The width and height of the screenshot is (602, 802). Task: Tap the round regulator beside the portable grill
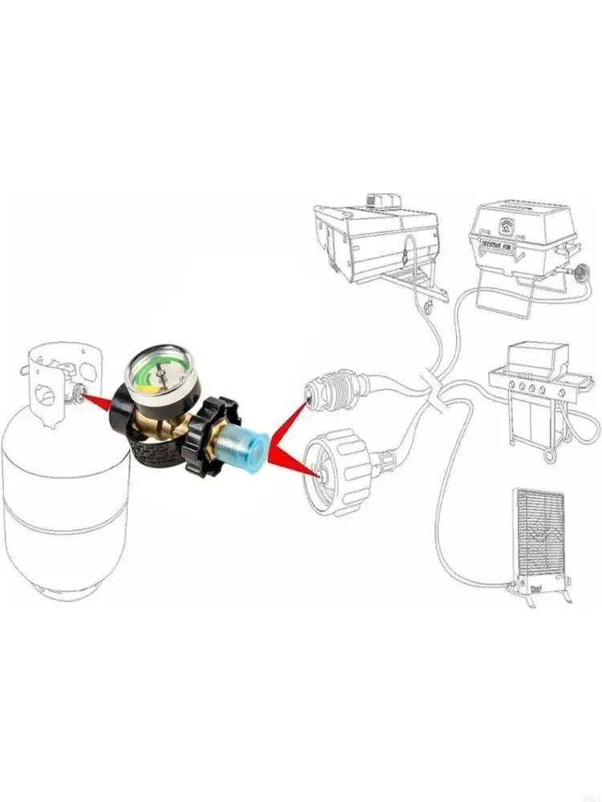pos(584,275)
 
